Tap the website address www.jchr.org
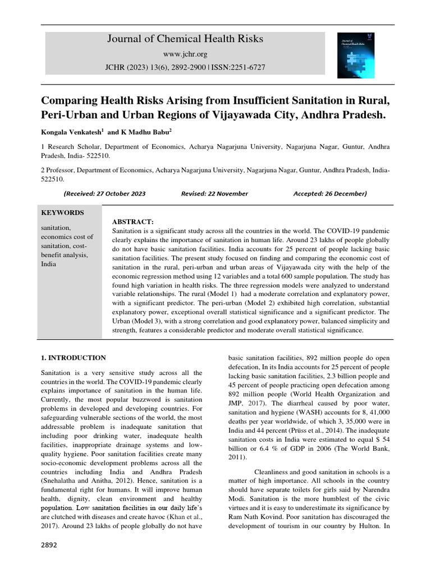click(185, 54)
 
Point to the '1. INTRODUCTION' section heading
click(74, 358)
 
